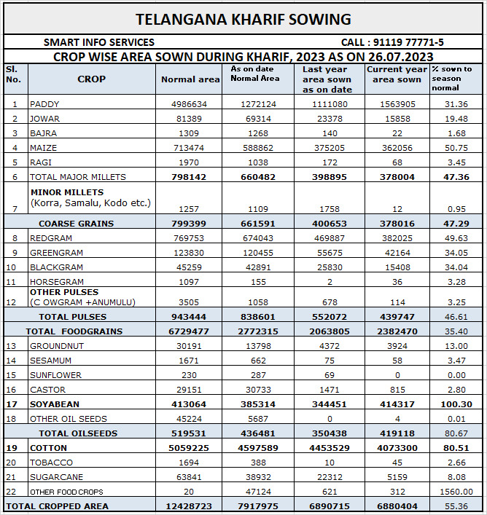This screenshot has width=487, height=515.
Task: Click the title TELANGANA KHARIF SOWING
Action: (x=243, y=19)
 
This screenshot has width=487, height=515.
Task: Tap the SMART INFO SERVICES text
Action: (x=99, y=42)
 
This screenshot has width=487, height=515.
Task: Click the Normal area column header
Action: (x=190, y=79)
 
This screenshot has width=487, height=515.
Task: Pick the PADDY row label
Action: (x=44, y=104)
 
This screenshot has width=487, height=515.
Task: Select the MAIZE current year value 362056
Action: (x=399, y=148)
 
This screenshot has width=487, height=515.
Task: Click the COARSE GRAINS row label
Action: (x=76, y=224)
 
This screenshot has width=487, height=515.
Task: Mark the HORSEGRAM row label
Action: (x=56, y=282)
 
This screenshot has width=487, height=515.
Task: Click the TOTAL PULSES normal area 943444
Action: (x=190, y=317)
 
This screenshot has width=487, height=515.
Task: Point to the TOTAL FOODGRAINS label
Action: (x=74, y=331)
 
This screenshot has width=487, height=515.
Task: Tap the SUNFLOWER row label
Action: (x=55, y=375)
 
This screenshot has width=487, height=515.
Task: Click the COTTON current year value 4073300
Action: (x=397, y=448)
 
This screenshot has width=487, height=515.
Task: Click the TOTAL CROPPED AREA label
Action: (x=57, y=506)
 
